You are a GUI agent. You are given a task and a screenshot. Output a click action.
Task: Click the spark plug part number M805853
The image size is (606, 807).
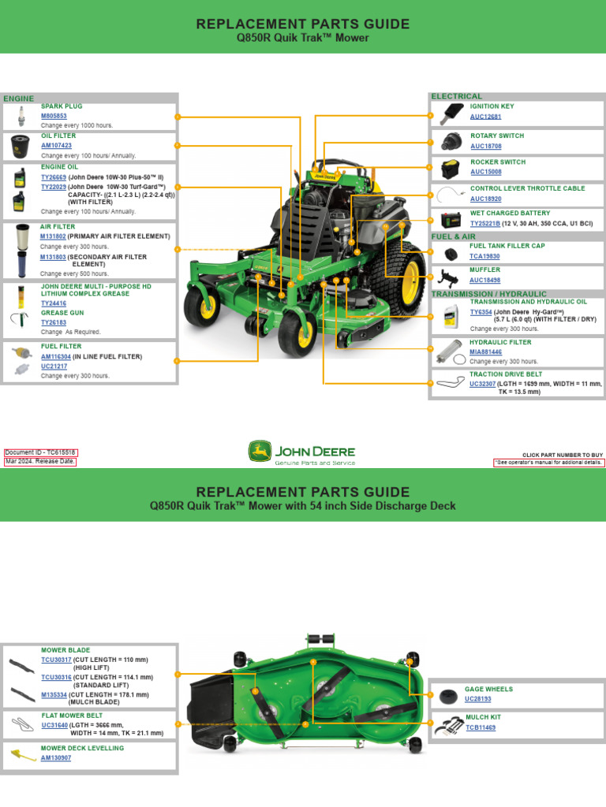[54, 116]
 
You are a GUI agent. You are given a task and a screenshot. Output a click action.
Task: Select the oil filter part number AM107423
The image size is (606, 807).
[56, 146]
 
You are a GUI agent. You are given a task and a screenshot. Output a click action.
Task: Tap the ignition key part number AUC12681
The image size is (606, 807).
[485, 117]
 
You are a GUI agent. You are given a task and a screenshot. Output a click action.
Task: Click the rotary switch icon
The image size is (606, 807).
[451, 142]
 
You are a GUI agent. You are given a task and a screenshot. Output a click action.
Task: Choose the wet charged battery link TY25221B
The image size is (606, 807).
[485, 223]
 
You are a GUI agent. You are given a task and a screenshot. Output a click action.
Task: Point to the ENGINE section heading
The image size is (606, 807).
[19, 99]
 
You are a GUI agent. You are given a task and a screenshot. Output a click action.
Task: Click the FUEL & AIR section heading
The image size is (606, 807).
[453, 236]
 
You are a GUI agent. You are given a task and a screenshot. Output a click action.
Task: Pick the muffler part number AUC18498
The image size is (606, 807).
[484, 280]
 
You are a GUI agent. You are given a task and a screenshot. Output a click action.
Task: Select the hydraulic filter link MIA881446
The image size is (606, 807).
[486, 352]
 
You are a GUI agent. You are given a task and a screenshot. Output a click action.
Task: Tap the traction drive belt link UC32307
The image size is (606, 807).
[483, 384]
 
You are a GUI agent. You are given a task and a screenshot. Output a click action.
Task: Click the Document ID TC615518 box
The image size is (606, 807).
[41, 453]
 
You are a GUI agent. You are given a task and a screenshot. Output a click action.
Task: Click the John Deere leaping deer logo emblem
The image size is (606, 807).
[258, 452]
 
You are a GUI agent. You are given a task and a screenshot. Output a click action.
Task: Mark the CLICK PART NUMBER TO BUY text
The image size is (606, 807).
[563, 455]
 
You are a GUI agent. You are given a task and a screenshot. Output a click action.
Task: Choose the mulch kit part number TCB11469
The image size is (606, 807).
[481, 727]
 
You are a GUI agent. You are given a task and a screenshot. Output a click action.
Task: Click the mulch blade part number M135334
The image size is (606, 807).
[54, 695]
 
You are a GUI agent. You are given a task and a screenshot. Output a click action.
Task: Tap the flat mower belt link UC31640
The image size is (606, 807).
[55, 725]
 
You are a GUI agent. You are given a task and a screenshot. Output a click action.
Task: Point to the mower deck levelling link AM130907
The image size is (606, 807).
[56, 757]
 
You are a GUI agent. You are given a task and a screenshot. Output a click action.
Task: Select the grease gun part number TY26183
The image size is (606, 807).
[54, 322]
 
